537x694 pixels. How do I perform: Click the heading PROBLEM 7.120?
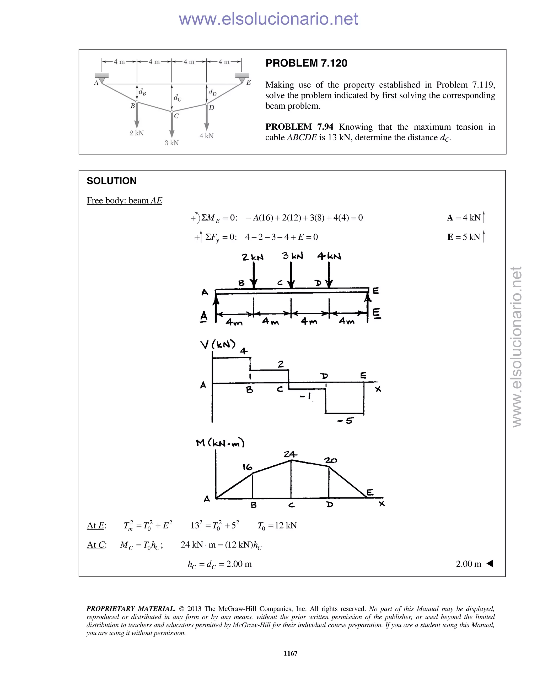point(306,63)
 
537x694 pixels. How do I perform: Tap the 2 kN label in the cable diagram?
point(136,133)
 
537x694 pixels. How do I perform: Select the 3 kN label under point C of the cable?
point(171,143)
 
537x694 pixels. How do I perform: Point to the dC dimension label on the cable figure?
point(177,98)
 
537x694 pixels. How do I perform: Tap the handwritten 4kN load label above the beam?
point(329,256)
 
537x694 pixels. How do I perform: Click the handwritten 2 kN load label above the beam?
point(253,257)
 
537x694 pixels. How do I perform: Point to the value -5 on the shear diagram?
point(346,421)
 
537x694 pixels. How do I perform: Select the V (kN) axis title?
point(218,344)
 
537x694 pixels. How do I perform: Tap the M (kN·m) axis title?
point(220,443)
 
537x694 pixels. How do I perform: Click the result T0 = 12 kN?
point(277,526)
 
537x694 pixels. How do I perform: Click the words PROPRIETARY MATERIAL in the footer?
point(131,609)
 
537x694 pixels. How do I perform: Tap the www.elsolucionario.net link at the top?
point(268,19)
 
